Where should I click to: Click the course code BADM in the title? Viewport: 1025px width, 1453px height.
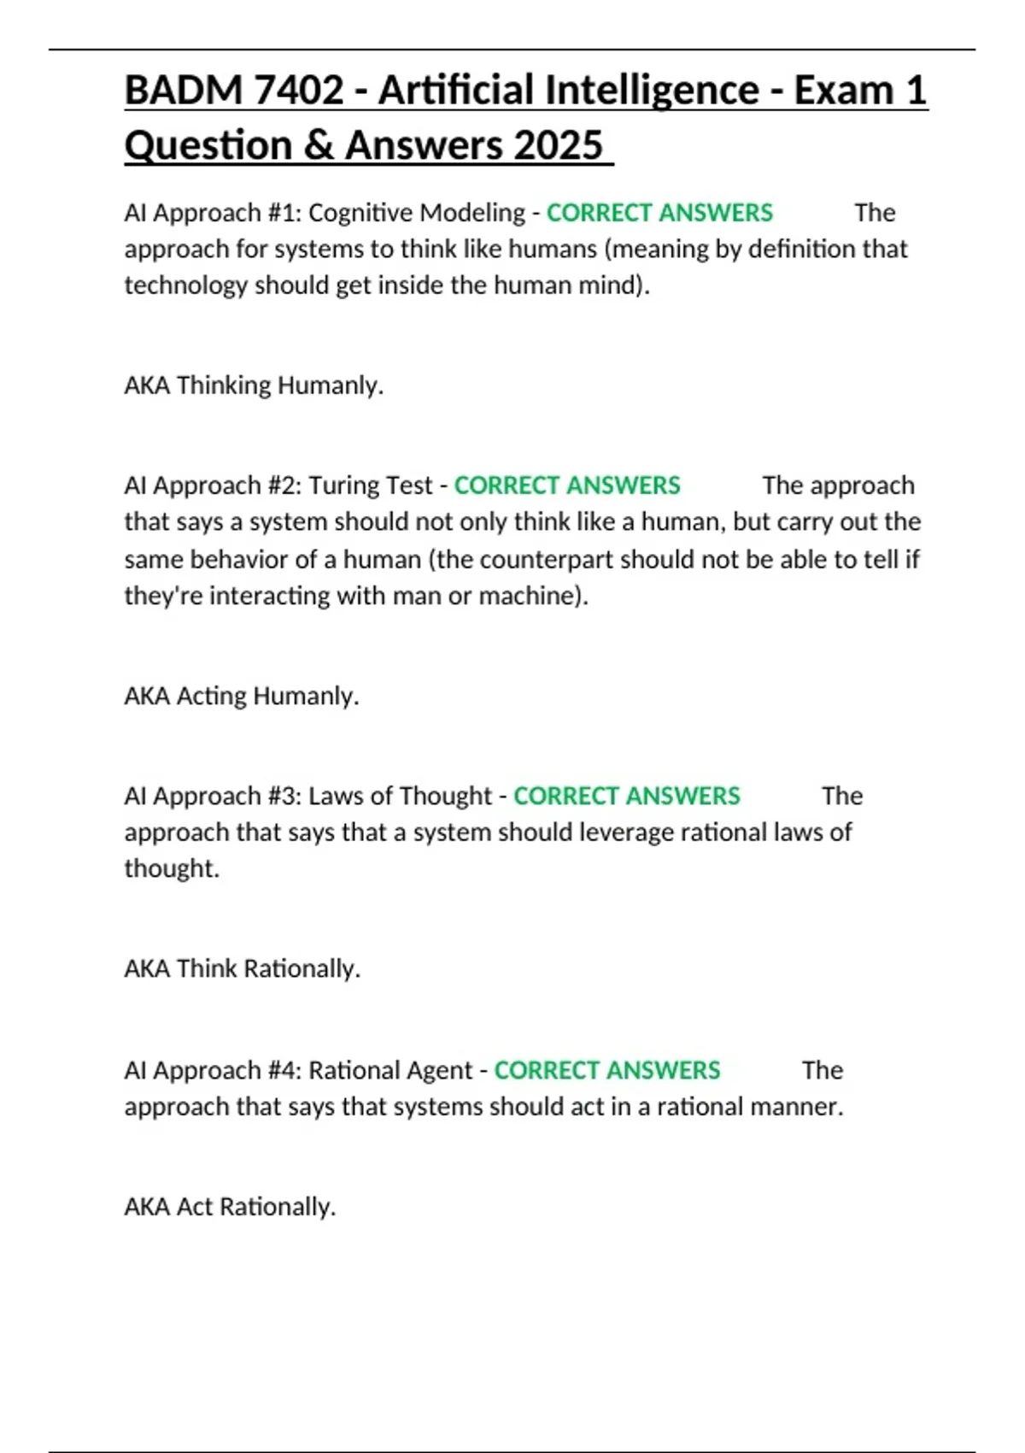(173, 91)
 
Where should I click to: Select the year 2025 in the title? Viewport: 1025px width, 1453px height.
(559, 145)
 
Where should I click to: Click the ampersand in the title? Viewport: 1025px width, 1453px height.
(318, 145)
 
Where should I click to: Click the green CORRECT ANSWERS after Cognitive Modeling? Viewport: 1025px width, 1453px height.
(659, 213)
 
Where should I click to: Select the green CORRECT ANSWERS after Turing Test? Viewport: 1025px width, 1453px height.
(567, 485)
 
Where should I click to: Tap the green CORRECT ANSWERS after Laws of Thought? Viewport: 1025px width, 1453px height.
(626, 796)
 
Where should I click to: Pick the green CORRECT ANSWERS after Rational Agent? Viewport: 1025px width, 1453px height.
(607, 1070)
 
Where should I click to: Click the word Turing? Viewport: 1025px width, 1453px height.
(339, 485)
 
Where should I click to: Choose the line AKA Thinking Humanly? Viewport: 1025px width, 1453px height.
(254, 385)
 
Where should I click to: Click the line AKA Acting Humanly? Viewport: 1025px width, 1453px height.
(242, 696)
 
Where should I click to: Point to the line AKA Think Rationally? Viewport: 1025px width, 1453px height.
(243, 968)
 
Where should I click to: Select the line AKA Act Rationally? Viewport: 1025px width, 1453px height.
(230, 1207)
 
